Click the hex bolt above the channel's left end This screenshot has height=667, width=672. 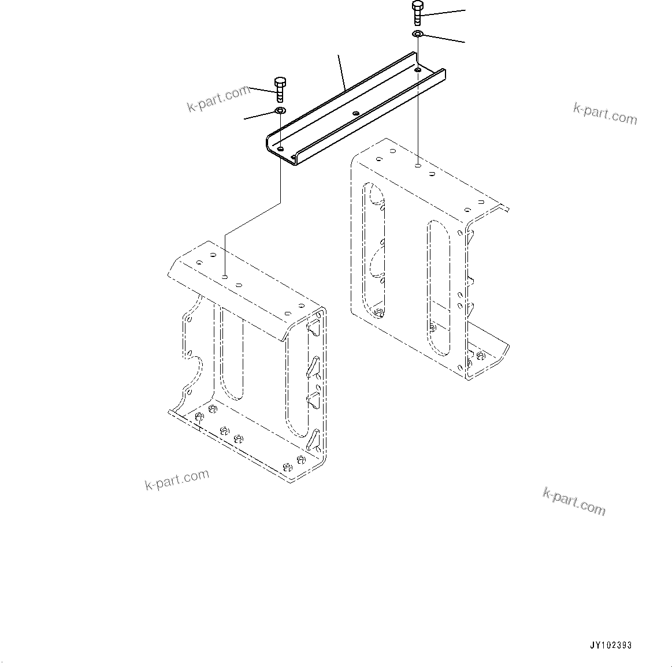(280, 88)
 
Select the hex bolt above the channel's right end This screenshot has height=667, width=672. (418, 12)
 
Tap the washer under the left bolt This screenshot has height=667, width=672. (280, 110)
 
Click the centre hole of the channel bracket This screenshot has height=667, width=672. (355, 113)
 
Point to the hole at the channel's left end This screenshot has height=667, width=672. (280, 149)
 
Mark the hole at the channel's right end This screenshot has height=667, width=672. (417, 70)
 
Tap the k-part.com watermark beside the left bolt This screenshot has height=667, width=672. (218, 99)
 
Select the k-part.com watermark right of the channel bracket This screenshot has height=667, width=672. (605, 114)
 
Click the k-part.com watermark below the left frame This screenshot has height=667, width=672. (177, 479)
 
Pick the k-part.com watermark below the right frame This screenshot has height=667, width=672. (574, 501)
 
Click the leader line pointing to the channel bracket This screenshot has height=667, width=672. (342, 73)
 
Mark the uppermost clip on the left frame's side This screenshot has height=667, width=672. (314, 327)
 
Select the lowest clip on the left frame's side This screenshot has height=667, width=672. (313, 440)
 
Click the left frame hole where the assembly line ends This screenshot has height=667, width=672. (225, 277)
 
